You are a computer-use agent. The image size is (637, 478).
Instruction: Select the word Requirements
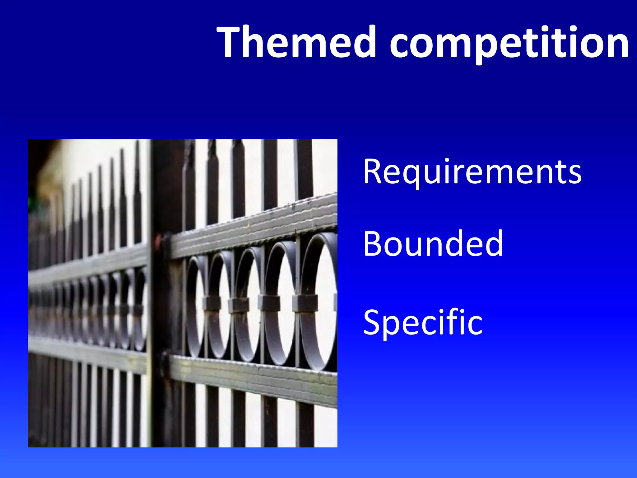click(472, 172)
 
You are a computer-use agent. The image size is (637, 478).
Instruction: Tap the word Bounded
click(433, 243)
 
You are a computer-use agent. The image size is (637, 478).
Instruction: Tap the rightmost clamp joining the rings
click(305, 303)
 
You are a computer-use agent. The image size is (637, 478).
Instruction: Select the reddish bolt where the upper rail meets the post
click(158, 241)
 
